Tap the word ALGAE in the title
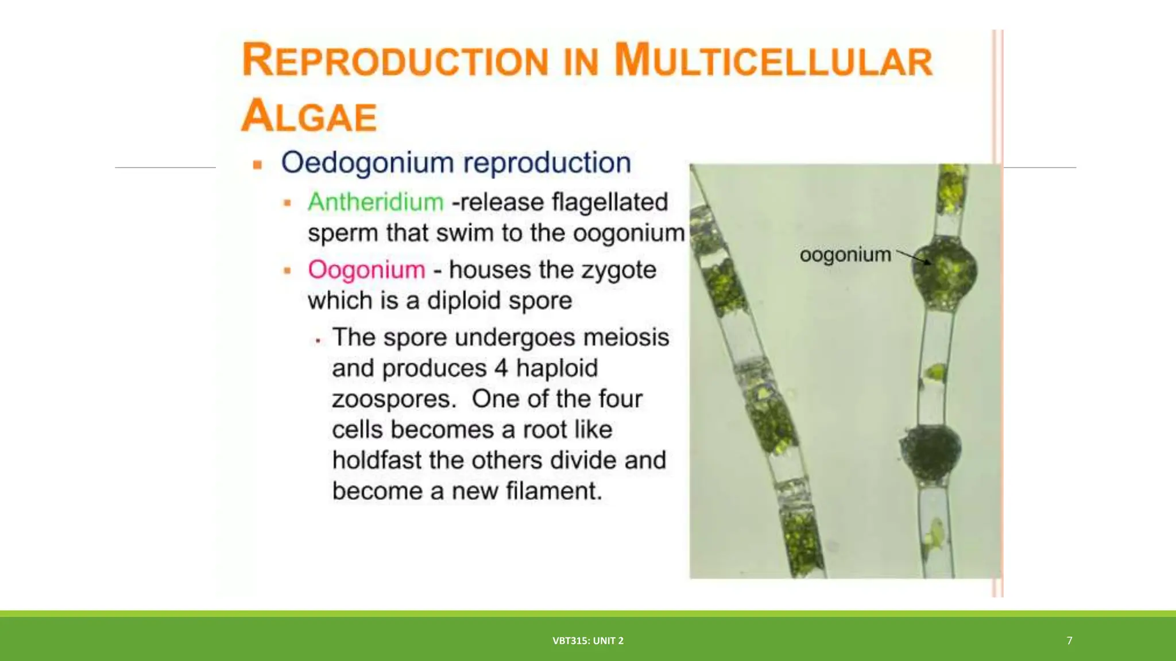click(309, 116)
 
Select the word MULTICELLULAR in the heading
click(773, 61)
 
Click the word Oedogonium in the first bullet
click(367, 162)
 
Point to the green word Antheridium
click(376, 202)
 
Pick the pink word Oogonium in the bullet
click(366, 270)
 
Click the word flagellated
click(610, 202)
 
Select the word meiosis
click(626, 337)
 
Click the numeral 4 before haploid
click(501, 368)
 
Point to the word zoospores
click(394, 399)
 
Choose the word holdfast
click(380, 460)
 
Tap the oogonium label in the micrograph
click(845, 254)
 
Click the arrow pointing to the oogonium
click(914, 256)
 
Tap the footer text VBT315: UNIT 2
click(588, 640)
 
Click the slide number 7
click(1069, 640)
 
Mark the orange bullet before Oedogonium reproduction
click(257, 165)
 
